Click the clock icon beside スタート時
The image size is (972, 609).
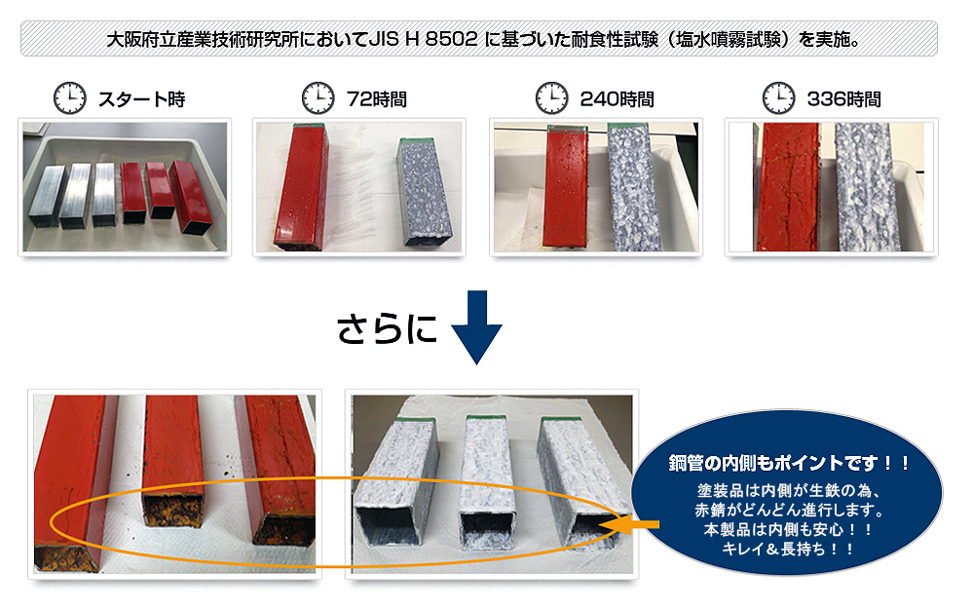[69, 98]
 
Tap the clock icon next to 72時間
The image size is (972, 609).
[318, 98]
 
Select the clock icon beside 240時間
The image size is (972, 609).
[551, 98]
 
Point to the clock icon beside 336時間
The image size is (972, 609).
[778, 98]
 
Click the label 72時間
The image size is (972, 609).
[377, 99]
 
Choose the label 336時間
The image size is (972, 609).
[844, 99]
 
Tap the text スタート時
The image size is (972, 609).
[142, 99]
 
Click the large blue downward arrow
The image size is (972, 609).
[476, 326]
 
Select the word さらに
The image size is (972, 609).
[387, 328]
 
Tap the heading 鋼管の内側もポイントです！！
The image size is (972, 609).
[789, 463]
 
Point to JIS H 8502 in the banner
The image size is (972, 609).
[424, 39]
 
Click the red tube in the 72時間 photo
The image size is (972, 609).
[302, 186]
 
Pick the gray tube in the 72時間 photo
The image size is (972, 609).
[426, 192]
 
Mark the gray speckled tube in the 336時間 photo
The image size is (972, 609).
[866, 187]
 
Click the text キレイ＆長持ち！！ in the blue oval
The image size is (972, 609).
[788, 549]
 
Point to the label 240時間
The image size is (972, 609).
[617, 99]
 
